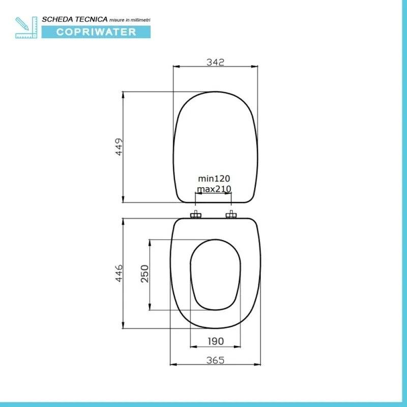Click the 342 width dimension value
click(215, 62)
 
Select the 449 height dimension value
click(119, 147)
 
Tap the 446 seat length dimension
click(119, 274)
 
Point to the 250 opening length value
click(144, 275)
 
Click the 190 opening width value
click(215, 341)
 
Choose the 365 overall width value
click(215, 360)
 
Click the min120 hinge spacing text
click(214, 179)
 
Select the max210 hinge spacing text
click(214, 189)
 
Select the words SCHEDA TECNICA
click(75, 18)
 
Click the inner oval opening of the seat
click(215, 277)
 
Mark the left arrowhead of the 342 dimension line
click(176, 66)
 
